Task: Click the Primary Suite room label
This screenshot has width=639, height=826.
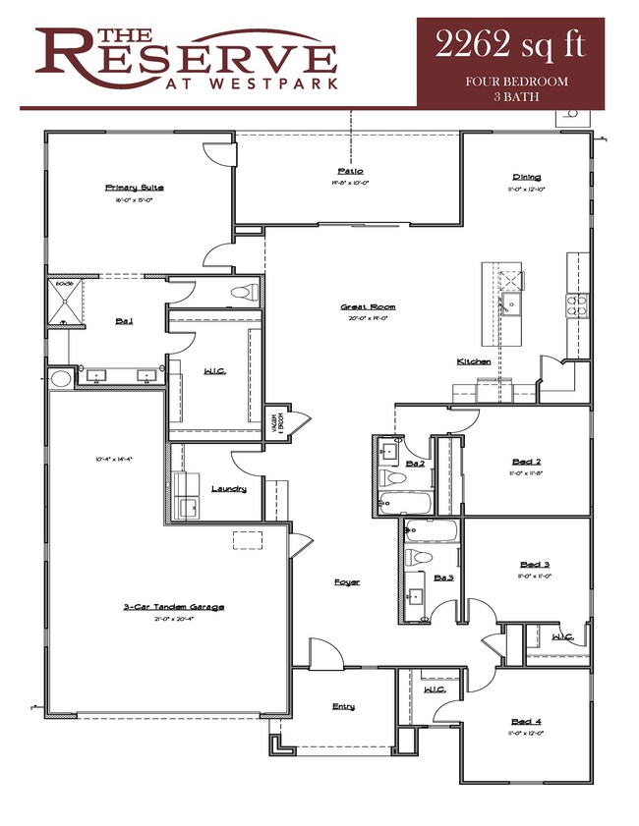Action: coord(134,187)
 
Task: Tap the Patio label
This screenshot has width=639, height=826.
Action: coord(349,171)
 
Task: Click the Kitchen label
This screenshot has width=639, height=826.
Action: coord(473,361)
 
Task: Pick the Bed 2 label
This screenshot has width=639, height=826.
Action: coord(527,461)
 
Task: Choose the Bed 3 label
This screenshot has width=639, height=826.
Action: coord(534,564)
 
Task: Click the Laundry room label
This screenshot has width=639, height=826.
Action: coord(228,488)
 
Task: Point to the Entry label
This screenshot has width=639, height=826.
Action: coord(343,706)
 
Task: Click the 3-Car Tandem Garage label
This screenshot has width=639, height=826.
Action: coord(173,607)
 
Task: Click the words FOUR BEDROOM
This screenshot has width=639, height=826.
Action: coord(516,82)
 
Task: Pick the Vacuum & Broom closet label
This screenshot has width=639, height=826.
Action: coord(276,423)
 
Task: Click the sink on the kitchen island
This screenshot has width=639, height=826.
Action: coord(510,301)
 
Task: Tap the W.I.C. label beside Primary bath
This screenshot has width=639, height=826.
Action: coord(215,371)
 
